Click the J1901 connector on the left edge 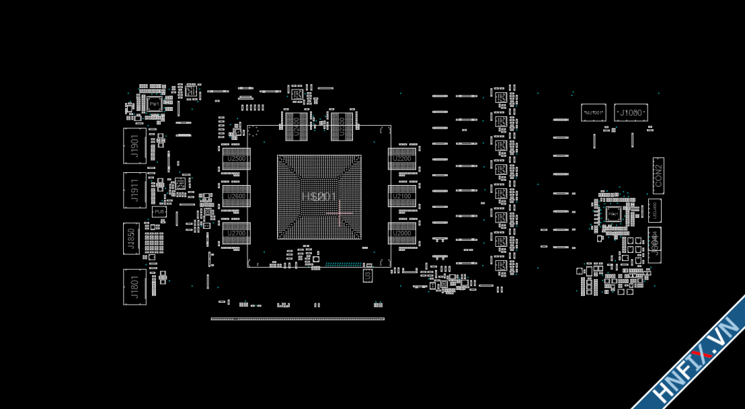(x=134, y=145)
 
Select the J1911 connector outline (x=134, y=190)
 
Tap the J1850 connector (x=131, y=239)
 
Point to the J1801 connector (x=134, y=287)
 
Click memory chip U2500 (x=236, y=159)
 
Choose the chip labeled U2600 (x=236, y=196)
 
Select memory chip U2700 (x=236, y=233)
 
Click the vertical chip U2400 (x=297, y=126)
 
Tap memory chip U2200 (x=402, y=159)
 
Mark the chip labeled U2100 (x=402, y=196)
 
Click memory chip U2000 (x=402, y=233)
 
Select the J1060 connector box (x=631, y=112)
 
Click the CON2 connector (x=658, y=176)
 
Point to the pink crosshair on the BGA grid (x=340, y=213)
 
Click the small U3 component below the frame (x=367, y=275)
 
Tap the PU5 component (x=159, y=212)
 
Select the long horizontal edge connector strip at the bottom (x=297, y=319)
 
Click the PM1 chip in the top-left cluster (x=155, y=104)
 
